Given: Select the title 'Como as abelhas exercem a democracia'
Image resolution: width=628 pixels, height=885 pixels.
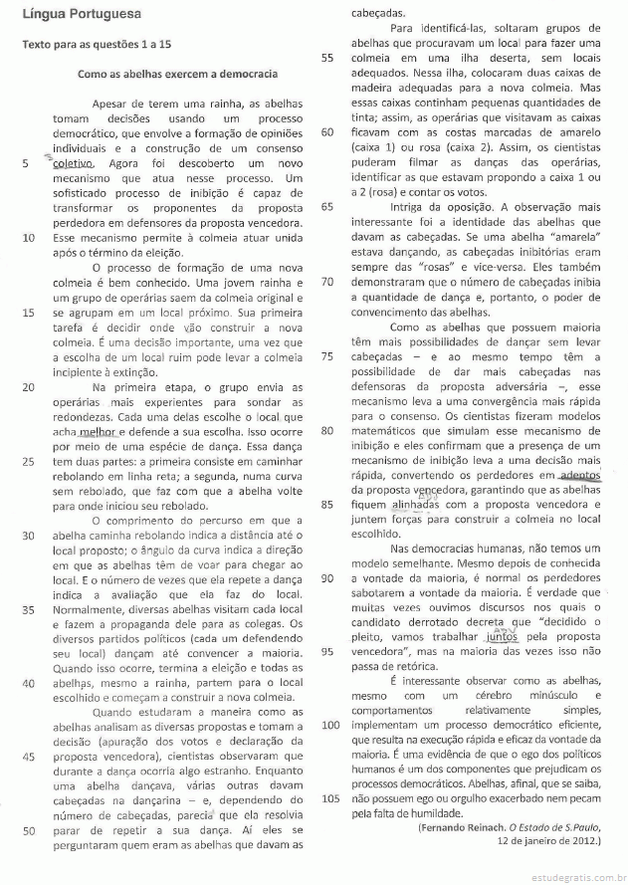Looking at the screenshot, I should point(178,74).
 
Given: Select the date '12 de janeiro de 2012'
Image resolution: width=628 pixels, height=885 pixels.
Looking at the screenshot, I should point(546,842).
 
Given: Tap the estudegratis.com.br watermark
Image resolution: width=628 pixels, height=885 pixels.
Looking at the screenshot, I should point(568,874).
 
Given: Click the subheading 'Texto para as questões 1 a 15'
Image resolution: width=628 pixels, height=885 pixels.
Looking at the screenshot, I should point(97,46).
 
